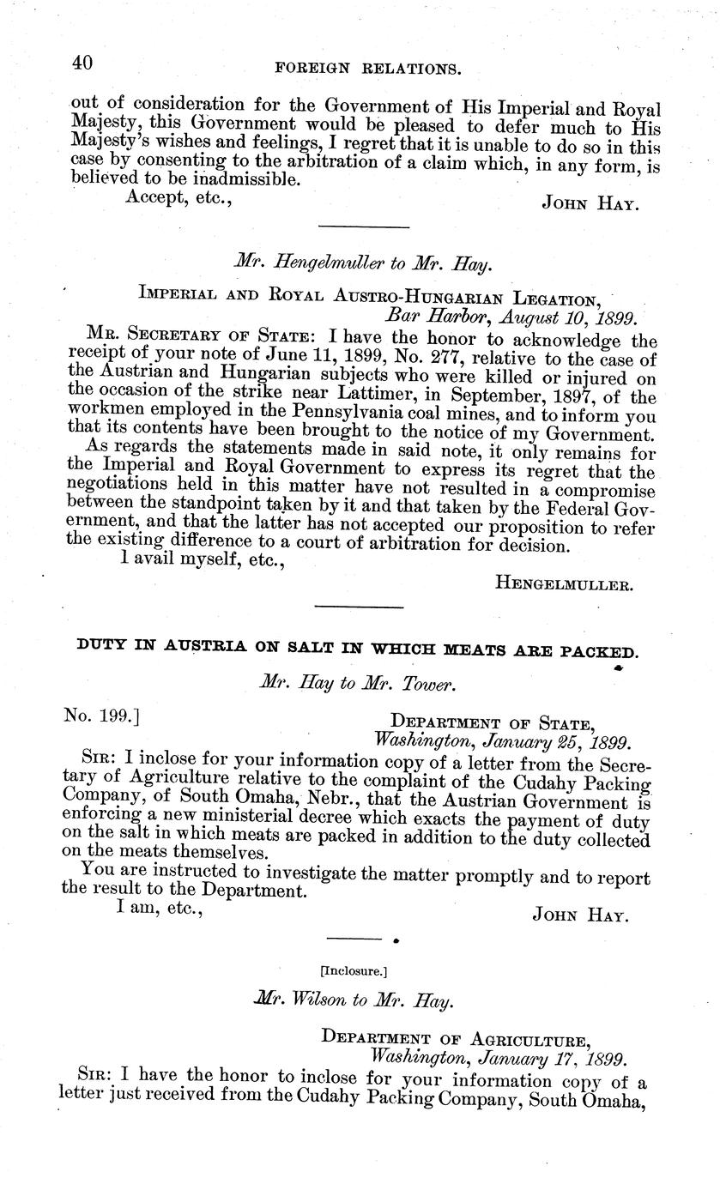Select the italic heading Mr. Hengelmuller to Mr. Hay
(x=361, y=266)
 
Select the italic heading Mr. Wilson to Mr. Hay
(x=354, y=1000)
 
